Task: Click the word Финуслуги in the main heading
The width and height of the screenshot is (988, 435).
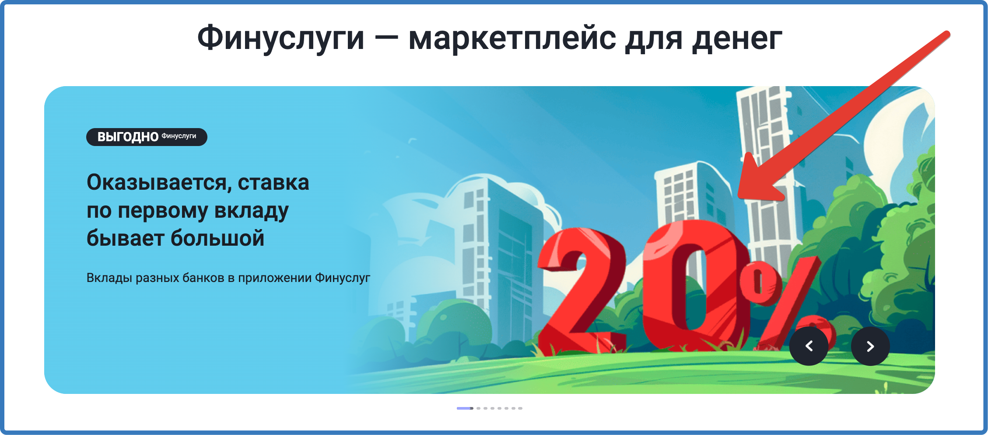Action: click(280, 39)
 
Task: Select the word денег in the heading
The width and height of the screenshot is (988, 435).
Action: click(737, 39)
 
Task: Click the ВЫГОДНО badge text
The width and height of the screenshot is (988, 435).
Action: click(128, 137)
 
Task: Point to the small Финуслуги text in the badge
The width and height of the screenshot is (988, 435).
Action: click(179, 136)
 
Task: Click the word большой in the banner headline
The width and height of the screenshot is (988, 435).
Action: click(217, 238)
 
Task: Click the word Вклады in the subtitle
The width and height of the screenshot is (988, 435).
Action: click(109, 278)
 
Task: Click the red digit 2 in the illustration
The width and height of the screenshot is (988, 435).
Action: click(582, 291)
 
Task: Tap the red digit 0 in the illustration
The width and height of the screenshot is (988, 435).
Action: click(696, 286)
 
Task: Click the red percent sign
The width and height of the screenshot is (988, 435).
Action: click(783, 302)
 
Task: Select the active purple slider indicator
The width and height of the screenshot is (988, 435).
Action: click(465, 408)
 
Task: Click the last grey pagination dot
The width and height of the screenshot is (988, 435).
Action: click(520, 408)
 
